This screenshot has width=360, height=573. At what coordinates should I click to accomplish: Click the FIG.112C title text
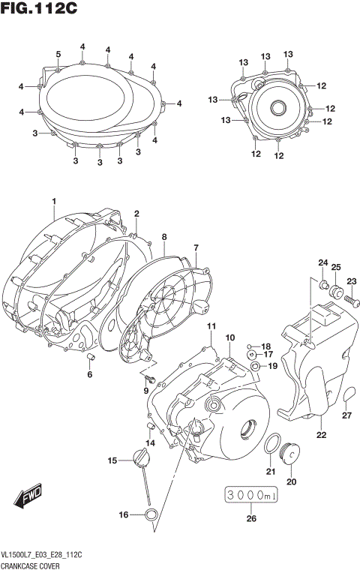(x=42, y=10)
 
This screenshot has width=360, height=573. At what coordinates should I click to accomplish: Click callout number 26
(x=250, y=517)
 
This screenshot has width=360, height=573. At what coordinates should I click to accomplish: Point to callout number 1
(x=54, y=201)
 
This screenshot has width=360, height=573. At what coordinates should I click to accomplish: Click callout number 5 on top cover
(x=58, y=53)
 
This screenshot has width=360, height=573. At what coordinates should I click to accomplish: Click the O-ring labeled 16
(x=151, y=514)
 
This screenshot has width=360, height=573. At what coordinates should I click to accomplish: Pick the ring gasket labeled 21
(x=271, y=445)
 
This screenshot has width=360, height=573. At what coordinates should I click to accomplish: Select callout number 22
(x=320, y=434)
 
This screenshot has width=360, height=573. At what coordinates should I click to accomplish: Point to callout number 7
(x=196, y=247)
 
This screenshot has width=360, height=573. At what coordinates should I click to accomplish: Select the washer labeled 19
(x=256, y=366)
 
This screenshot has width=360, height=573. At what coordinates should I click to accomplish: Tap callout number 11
(x=211, y=326)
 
